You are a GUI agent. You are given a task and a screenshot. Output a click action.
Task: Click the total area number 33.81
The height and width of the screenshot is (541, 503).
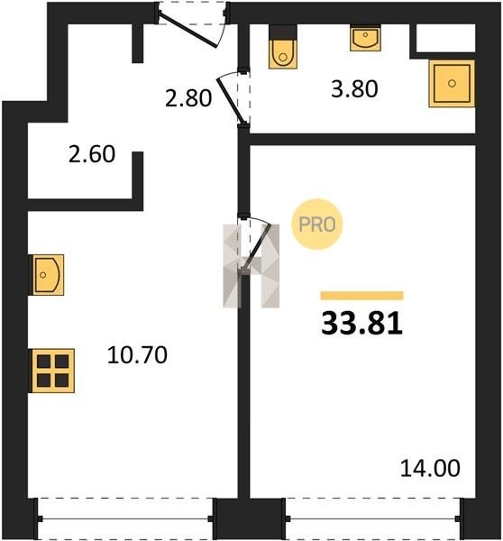(361, 324)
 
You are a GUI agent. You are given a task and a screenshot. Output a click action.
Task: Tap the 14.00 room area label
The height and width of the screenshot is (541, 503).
(430, 468)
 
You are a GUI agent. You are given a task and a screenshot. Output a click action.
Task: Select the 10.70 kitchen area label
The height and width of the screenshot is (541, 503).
(137, 355)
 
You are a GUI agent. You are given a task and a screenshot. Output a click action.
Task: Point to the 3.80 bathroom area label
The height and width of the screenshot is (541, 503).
(354, 88)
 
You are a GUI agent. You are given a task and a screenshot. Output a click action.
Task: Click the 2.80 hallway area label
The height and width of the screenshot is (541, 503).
(188, 97)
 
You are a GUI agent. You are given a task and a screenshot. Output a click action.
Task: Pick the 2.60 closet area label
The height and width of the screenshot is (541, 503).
(92, 154)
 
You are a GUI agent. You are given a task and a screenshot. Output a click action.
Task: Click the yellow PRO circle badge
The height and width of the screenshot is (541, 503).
(317, 225)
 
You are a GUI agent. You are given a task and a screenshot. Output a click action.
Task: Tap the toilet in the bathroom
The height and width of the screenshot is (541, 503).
(283, 47)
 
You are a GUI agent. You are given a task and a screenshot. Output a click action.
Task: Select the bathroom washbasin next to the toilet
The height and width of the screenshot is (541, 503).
(365, 39)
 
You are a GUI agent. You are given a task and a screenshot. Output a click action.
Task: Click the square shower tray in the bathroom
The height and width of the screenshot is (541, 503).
(452, 83)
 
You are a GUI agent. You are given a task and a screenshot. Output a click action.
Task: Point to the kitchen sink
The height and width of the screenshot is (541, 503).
(46, 275)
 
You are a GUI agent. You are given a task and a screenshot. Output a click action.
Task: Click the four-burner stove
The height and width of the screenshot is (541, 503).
(52, 371)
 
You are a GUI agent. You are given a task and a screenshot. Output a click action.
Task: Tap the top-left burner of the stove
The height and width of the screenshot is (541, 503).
(44, 362)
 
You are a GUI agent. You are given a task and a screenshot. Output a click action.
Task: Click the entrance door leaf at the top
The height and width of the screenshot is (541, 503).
(188, 31)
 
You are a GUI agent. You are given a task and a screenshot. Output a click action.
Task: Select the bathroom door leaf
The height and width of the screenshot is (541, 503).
(231, 101)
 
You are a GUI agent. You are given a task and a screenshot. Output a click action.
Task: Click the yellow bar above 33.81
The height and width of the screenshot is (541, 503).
(361, 296)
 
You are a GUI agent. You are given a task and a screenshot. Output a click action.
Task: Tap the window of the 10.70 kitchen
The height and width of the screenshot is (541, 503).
(124, 518)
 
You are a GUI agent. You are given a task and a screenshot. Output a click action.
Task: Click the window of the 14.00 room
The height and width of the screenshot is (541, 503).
(373, 518)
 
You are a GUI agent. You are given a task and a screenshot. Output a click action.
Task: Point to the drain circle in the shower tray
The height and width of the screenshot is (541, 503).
(452, 83)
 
